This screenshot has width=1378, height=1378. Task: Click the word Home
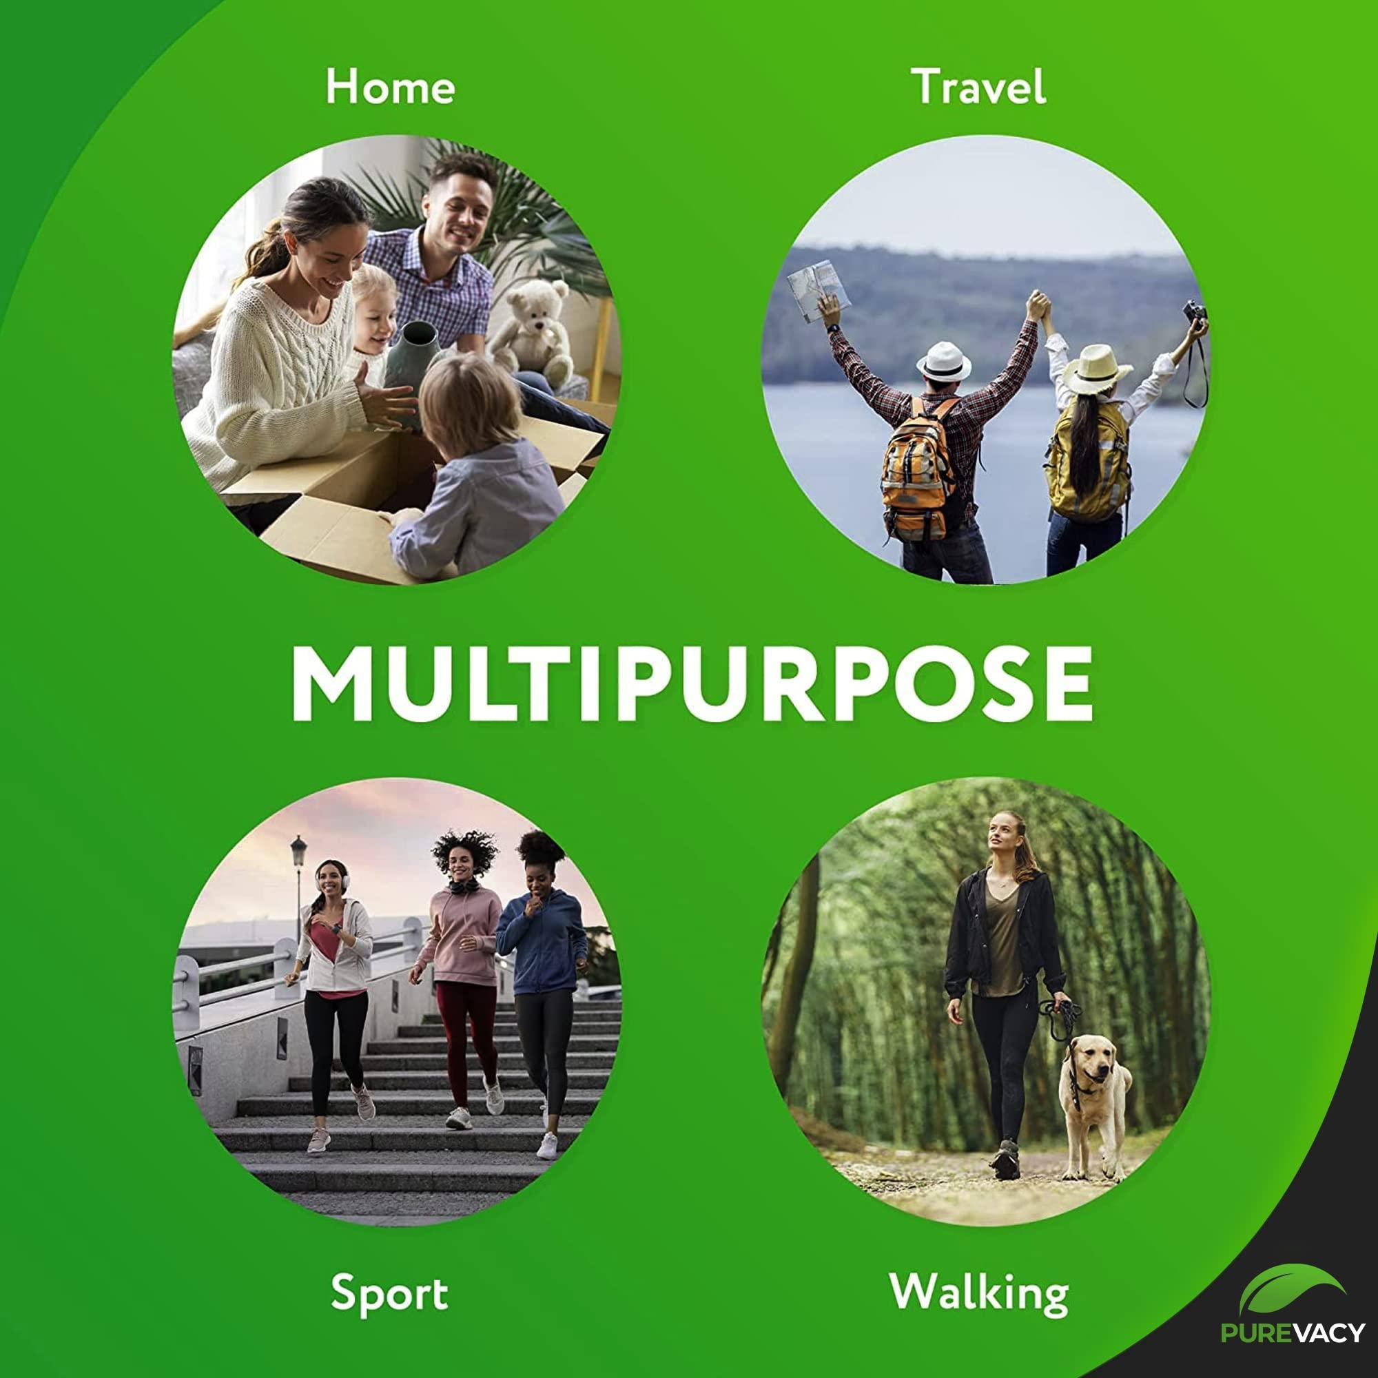[390, 87]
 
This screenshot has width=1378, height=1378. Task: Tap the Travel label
[978, 86]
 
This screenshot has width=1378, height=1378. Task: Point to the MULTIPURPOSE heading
[692, 684]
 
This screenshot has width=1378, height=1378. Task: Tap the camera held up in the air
[1194, 312]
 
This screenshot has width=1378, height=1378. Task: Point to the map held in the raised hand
[818, 291]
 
